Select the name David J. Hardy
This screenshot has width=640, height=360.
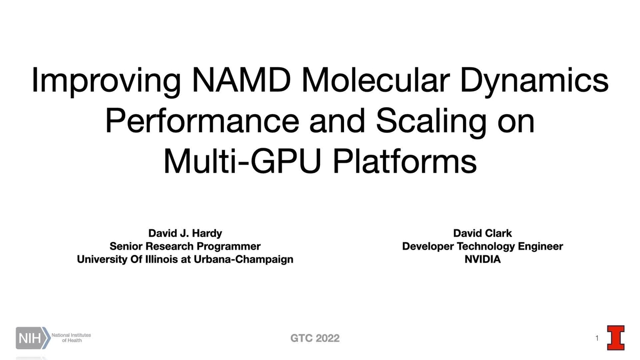[185, 233]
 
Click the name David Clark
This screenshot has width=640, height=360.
[482, 233]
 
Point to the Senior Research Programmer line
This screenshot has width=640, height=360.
[185, 246]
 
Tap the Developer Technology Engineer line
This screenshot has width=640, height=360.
[482, 246]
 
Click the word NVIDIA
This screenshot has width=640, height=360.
[482, 260]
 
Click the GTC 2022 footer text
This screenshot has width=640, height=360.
[315, 339]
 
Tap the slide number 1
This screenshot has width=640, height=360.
[597, 339]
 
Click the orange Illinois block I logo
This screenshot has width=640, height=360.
[615, 338]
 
